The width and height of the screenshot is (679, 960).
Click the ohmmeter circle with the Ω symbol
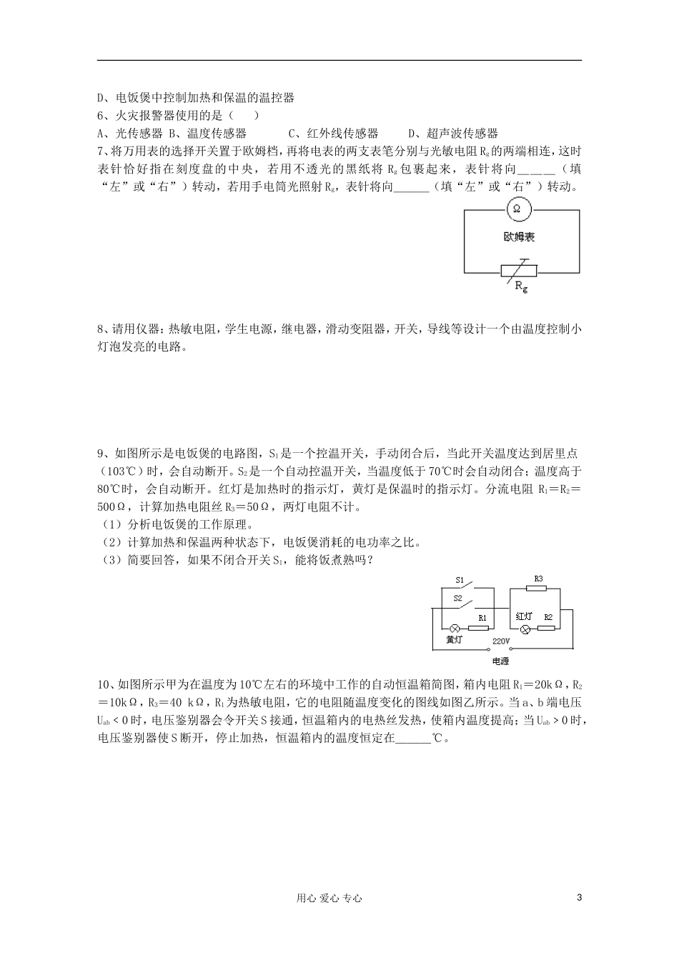(517, 209)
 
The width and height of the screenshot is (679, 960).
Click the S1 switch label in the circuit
(460, 580)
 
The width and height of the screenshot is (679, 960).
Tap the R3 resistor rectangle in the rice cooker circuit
(535, 589)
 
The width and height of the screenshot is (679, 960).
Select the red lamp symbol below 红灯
(525, 629)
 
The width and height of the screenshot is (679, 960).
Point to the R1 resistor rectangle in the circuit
(480, 629)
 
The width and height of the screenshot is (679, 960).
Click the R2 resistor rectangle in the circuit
(547, 629)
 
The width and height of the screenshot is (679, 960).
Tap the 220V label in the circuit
(500, 641)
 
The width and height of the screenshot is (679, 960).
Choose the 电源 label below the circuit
(501, 661)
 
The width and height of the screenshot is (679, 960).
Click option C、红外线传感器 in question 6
(333, 133)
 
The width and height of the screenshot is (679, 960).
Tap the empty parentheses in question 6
(245, 116)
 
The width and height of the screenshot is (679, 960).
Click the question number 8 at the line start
(100, 329)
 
